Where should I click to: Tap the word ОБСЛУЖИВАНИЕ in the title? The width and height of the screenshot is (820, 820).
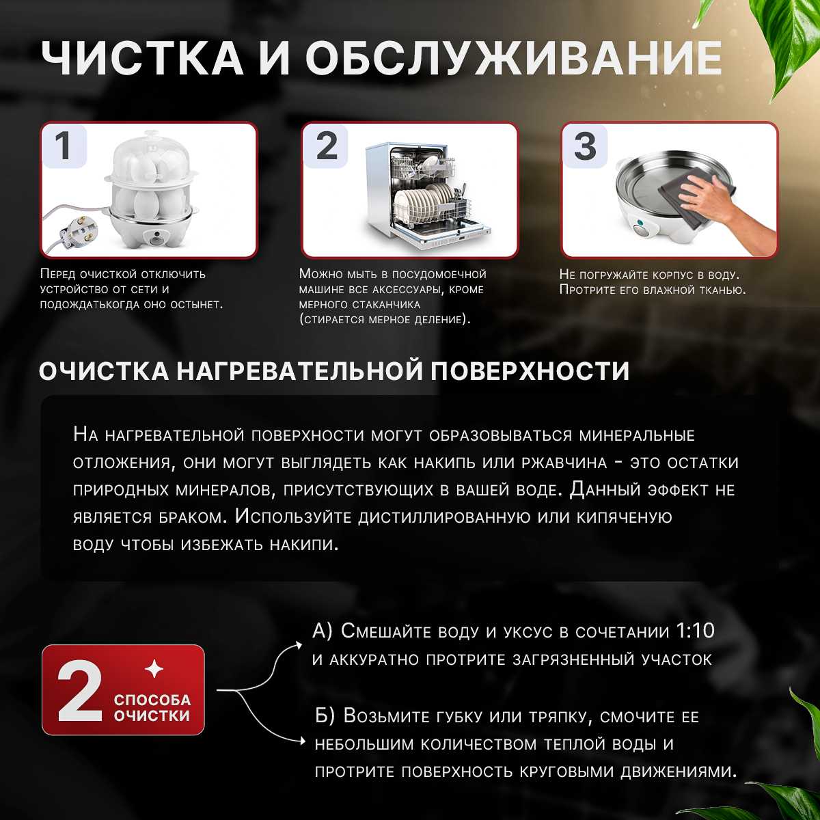513,57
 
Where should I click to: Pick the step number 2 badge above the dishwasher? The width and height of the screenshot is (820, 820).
326,146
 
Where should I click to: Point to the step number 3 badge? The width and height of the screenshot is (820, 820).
585,146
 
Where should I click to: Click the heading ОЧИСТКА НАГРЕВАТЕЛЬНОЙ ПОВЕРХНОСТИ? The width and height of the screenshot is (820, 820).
334,371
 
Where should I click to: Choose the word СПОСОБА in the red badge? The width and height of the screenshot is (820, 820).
152,700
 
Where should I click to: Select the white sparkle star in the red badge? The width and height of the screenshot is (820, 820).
154,669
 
